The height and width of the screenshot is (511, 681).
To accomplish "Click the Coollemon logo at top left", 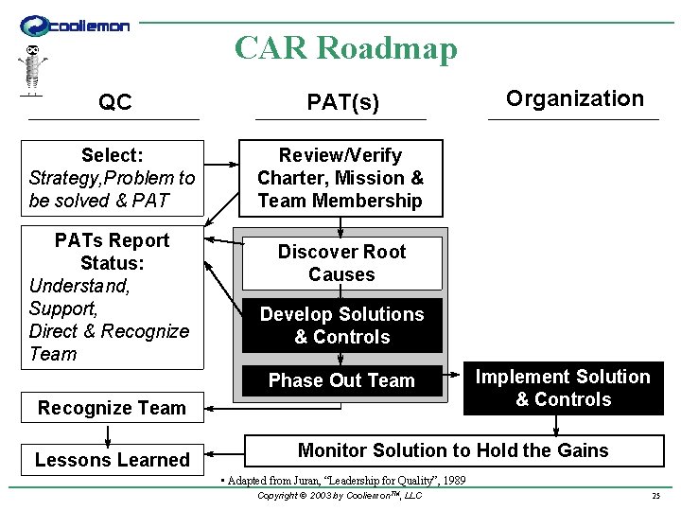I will [x=75, y=26].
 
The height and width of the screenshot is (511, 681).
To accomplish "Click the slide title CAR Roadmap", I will [x=345, y=48].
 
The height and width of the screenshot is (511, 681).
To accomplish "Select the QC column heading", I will [x=115, y=102].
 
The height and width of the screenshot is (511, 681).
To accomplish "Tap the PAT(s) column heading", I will [x=342, y=102].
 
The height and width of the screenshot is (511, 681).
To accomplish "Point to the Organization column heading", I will [x=574, y=98].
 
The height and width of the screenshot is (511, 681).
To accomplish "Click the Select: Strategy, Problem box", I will [x=113, y=178].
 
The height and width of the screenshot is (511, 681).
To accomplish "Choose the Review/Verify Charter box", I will [x=340, y=178].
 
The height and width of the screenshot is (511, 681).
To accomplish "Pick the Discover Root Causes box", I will [x=341, y=263].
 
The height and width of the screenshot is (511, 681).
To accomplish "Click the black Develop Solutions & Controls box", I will [x=341, y=326].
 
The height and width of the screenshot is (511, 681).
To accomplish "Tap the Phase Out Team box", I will [x=341, y=380].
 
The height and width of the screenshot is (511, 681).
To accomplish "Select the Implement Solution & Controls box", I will [x=563, y=388].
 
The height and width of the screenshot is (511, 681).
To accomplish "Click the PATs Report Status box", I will [x=113, y=297].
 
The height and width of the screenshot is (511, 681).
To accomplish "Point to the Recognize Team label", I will [x=112, y=408].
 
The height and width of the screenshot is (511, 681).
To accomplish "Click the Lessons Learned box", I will [x=113, y=460].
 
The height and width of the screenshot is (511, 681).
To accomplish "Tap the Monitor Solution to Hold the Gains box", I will [x=453, y=450].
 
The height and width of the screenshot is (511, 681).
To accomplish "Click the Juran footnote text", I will [x=341, y=481].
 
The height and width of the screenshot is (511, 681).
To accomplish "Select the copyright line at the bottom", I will [x=340, y=496].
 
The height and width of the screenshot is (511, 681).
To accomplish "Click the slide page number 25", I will [x=655, y=496].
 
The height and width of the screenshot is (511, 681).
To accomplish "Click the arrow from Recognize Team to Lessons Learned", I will [x=109, y=433].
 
